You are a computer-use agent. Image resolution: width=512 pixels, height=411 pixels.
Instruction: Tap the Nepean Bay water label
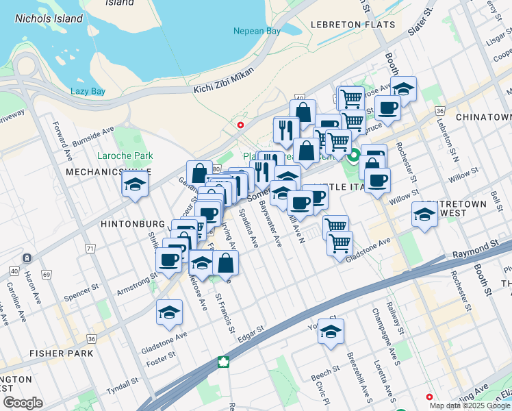click(x=257, y=31)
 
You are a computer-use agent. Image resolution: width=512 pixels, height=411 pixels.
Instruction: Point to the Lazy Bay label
click(x=88, y=91)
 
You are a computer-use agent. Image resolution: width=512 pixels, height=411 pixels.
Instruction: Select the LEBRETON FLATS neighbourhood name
click(x=353, y=25)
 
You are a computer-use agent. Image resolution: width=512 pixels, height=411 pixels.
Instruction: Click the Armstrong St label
click(x=136, y=286)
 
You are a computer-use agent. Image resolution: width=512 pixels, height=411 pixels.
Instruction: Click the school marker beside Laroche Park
click(x=136, y=184)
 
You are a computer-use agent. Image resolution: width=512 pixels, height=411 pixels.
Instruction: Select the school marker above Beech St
click(x=331, y=332)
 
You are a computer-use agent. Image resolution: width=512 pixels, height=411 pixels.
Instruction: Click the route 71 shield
click(x=90, y=247)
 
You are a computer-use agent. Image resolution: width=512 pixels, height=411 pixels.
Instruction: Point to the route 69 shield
click(x=47, y=275)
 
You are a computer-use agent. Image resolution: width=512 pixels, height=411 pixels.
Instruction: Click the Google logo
click(x=22, y=403)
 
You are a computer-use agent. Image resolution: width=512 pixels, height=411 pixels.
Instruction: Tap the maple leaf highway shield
click(x=222, y=362)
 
